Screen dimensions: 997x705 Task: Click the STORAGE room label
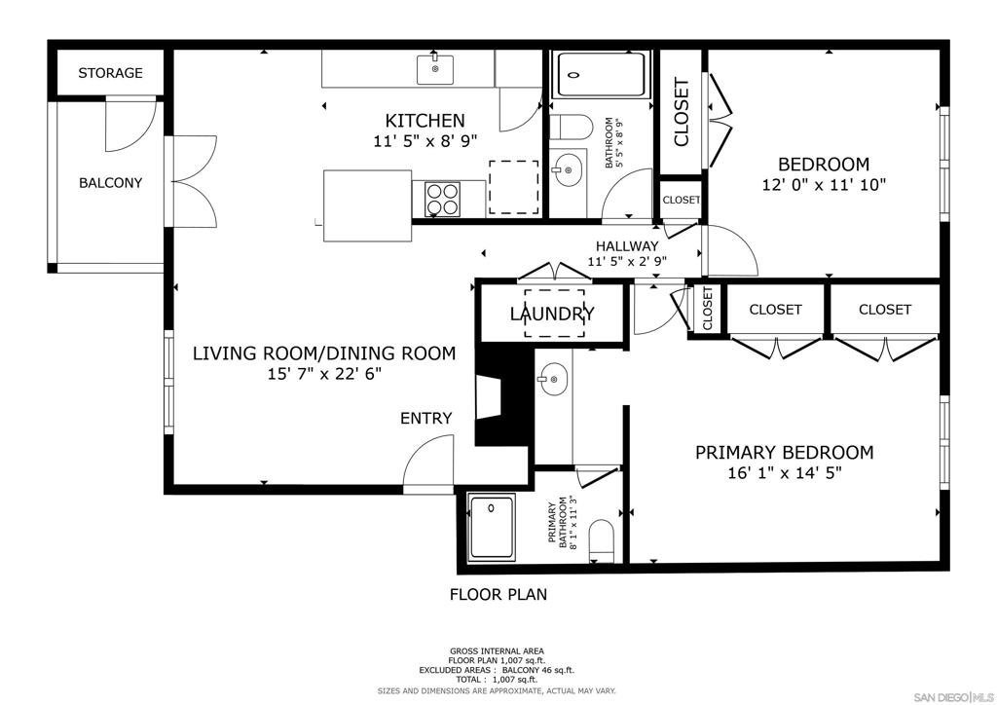[x=110, y=73]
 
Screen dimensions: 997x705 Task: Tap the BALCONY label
[x=110, y=183]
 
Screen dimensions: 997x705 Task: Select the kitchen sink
[x=435, y=69]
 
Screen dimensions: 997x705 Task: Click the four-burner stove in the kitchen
[x=442, y=199]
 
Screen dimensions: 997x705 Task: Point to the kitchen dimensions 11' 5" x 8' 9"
[x=425, y=141]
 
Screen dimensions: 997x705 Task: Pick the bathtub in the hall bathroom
[x=601, y=75]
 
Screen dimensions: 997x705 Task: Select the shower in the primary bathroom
[x=492, y=527]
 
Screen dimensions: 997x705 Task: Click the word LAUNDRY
[x=553, y=314]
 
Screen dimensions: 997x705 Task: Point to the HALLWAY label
[x=627, y=246]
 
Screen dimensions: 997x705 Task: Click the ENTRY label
[x=426, y=419]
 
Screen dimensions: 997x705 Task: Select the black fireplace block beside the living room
[x=502, y=396]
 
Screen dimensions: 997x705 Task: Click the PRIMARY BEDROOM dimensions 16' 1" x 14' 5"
[x=785, y=473]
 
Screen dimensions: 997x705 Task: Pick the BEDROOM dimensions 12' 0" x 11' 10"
[x=824, y=185]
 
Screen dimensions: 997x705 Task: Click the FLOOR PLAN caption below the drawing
[x=498, y=594]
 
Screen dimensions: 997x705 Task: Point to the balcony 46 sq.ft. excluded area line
[x=497, y=670]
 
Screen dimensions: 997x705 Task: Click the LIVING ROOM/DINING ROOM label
[x=324, y=353]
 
